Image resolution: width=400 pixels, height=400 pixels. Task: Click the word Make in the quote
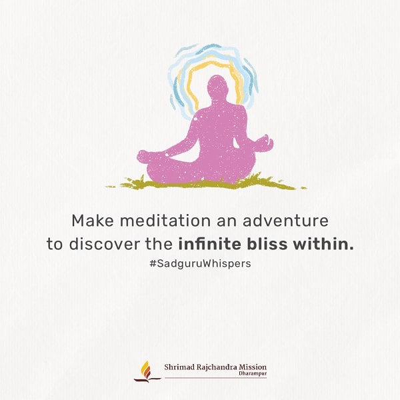[93, 221]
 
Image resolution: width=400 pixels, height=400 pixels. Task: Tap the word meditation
[165, 221]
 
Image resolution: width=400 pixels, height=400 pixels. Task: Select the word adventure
[285, 221]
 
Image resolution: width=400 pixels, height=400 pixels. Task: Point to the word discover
[105, 244]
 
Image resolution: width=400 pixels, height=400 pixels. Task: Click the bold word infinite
[209, 244]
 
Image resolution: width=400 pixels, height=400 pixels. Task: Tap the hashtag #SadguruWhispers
[200, 263]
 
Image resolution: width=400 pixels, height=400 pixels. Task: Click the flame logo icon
[147, 372]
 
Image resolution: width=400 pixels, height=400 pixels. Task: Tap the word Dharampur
[253, 373]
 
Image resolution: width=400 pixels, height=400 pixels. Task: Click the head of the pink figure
[217, 87]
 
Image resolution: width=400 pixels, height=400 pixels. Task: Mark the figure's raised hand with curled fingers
[265, 143]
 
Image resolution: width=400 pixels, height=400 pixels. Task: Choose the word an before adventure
[227, 221]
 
